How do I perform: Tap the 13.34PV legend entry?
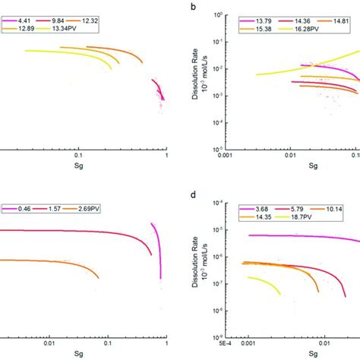pos(75,27)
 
